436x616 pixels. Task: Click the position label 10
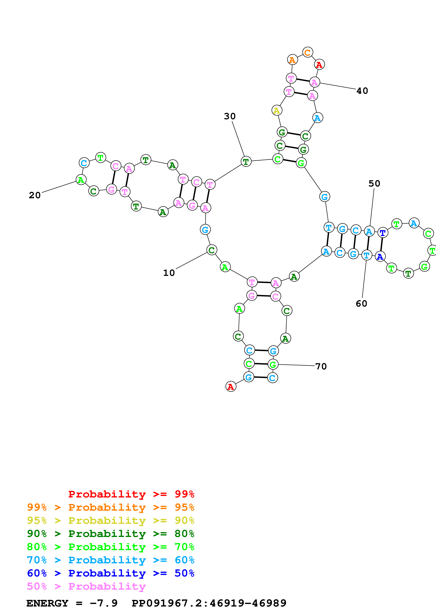pyautogui.click(x=169, y=273)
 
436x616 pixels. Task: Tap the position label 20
pyautogui.click(x=35, y=195)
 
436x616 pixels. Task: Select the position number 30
pyautogui.click(x=230, y=116)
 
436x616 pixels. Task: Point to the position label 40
pyautogui.click(x=362, y=91)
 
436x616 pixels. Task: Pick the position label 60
pyautogui.click(x=361, y=304)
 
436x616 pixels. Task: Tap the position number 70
pyautogui.click(x=321, y=366)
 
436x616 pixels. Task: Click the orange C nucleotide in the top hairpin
pyautogui.click(x=308, y=52)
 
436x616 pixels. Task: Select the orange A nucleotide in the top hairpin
pyautogui.click(x=292, y=60)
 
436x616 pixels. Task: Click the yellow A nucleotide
pyautogui.click(x=277, y=110)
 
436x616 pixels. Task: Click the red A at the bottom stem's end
pyautogui.click(x=231, y=387)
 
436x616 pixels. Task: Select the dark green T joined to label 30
pyautogui.click(x=246, y=162)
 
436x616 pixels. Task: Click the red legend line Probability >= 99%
pyautogui.click(x=131, y=494)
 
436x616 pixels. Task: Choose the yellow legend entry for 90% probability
pyautogui.click(x=111, y=520)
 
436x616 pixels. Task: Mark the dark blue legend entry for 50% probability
pyautogui.click(x=111, y=573)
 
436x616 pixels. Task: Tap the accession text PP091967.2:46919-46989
pyautogui.click(x=209, y=603)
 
